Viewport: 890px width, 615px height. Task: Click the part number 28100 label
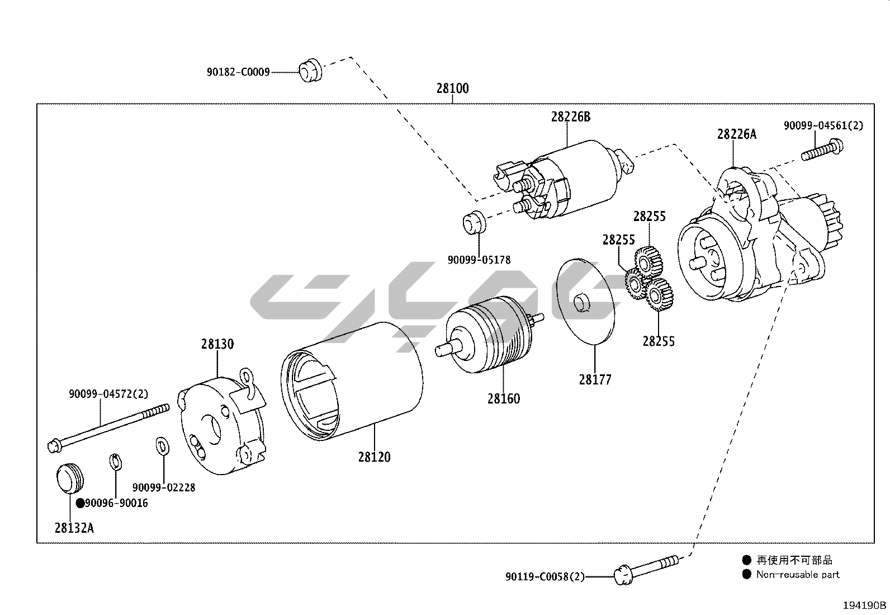coord(452,88)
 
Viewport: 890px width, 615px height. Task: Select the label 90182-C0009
coord(238,72)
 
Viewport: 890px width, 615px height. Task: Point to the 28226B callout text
coord(570,117)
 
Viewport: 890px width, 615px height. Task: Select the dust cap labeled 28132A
coord(69,478)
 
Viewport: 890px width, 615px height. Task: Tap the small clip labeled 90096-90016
coord(115,462)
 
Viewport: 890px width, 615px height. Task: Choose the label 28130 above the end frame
coord(217,344)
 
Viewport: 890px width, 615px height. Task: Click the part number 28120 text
coord(375,457)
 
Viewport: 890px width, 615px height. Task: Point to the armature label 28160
coord(503,398)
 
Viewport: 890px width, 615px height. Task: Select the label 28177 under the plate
coord(595,380)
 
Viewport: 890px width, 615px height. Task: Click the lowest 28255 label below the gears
coord(659,341)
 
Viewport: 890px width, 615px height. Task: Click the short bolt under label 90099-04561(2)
coord(822,151)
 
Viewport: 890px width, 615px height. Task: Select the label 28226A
coord(736,134)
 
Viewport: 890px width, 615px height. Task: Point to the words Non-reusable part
coord(797,575)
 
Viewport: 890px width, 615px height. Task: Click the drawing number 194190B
coord(865,605)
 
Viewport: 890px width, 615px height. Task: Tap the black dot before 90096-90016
coord(81,503)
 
